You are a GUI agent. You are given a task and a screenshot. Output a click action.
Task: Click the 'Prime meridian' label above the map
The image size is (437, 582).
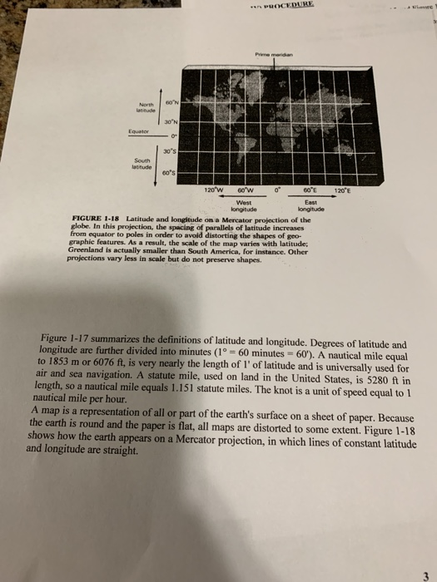tap(274, 57)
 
